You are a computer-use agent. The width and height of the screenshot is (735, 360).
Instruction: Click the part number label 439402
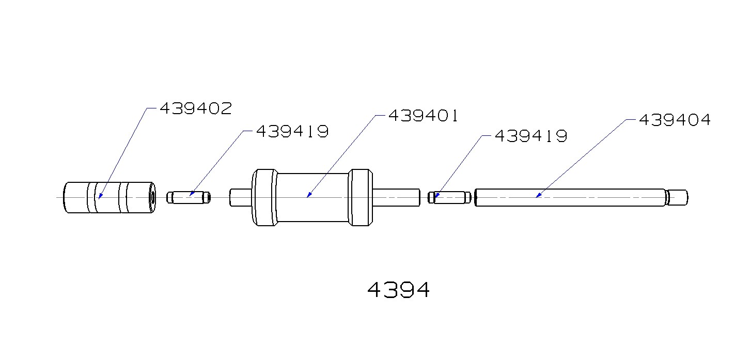pos(195,108)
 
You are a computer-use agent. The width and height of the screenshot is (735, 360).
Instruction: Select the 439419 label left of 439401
pos(292,132)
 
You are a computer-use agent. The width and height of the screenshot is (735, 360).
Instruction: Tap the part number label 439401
pos(423,116)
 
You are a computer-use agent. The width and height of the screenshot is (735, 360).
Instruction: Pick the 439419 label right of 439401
pos(531,136)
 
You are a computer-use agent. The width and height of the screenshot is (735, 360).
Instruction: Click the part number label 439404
pos(675,120)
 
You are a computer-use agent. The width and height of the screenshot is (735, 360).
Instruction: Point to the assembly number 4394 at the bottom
pos(398,290)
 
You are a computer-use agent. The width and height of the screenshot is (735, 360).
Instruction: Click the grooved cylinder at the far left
pos(108,197)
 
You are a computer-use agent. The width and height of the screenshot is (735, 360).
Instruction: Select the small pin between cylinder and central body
pos(189,198)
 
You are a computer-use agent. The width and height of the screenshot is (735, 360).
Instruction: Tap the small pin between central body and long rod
pos(450,198)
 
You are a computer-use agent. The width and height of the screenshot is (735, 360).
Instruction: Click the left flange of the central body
pos(264,197)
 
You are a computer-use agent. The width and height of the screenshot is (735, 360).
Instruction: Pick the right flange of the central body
pos(360,197)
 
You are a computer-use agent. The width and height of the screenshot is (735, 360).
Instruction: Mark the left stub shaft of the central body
pos(240,198)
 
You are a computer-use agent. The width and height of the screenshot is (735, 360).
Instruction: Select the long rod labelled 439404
pos(568,197)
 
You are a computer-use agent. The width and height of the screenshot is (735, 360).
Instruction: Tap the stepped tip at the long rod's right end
pos(678,197)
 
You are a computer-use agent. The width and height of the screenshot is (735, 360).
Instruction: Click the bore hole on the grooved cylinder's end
pos(152,198)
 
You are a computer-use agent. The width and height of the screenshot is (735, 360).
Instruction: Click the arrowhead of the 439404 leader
pos(537,196)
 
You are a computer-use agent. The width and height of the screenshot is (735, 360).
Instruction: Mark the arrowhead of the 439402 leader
pos(99,197)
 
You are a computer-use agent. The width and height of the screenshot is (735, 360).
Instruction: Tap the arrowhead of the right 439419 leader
pos(436,196)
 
